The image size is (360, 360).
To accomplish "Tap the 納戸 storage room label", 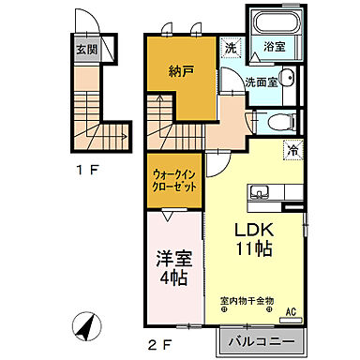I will click(x=181, y=70).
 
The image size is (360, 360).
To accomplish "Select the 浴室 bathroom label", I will click(x=276, y=45).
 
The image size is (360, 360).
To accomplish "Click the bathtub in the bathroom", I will click(x=276, y=25).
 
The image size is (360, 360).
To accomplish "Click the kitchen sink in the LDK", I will click(x=259, y=193).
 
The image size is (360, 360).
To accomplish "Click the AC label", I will click(x=292, y=312).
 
